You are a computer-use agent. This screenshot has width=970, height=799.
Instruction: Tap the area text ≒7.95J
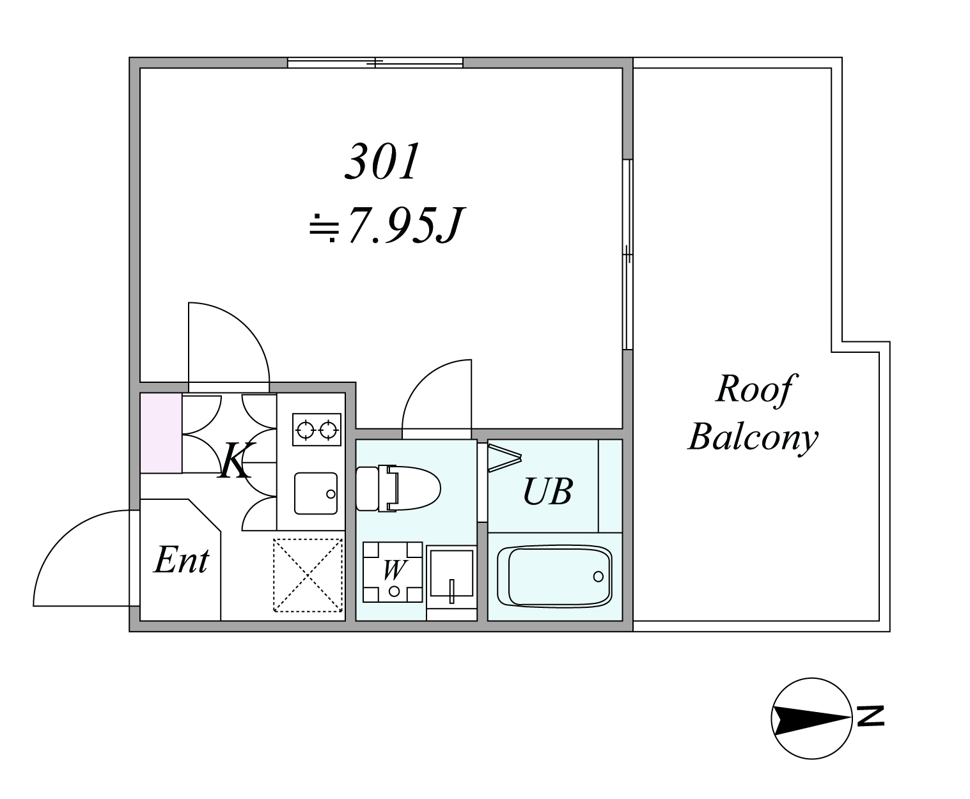[386, 225]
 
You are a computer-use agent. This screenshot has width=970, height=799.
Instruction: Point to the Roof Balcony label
[753, 412]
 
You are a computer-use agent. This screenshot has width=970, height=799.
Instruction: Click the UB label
[548, 491]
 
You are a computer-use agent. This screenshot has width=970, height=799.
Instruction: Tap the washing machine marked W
[393, 572]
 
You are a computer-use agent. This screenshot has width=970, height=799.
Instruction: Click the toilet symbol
[398, 488]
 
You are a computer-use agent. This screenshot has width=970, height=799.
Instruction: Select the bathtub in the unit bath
[554, 577]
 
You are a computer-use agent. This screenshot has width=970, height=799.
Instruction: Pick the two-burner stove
[317, 430]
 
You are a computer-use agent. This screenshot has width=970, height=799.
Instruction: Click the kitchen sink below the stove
[316, 493]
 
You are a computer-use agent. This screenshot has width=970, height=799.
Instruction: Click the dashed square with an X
[308, 575]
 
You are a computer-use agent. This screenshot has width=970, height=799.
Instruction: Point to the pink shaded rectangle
[160, 433]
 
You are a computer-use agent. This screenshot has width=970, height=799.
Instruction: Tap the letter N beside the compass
[871, 716]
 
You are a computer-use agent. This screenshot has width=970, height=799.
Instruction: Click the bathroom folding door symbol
[505, 458]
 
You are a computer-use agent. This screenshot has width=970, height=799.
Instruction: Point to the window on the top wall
[375, 62]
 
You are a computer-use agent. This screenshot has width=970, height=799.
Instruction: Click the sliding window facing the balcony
[628, 254]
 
